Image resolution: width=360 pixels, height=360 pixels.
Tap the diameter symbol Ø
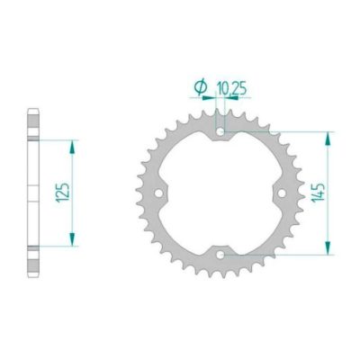(199, 87)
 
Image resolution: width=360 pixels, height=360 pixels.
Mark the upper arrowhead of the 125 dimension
(71, 143)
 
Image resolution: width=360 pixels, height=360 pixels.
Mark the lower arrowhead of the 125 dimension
(71, 243)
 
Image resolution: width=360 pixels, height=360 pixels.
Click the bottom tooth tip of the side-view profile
(33, 274)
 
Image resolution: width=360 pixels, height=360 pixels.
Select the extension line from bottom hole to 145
(279, 255)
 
